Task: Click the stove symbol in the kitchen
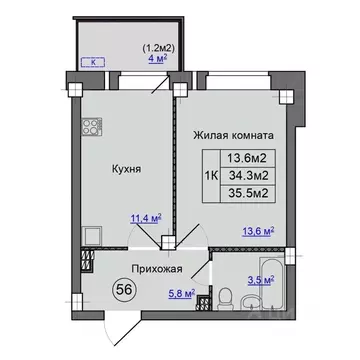pos(94,130)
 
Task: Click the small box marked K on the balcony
pos(95,62)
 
